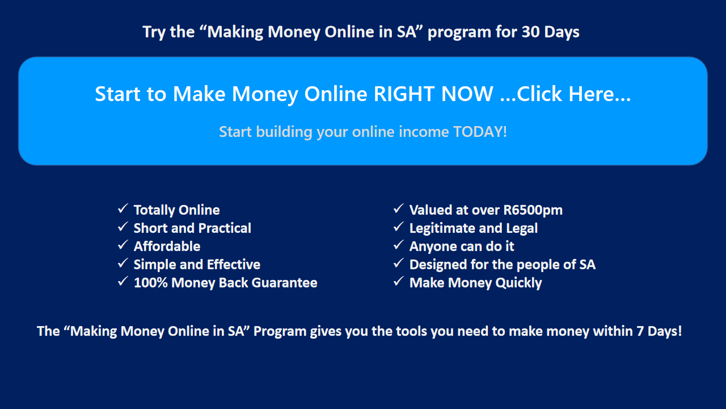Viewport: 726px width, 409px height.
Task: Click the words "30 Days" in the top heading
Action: point(550,32)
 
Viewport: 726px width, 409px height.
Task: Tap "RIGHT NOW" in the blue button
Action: point(433,94)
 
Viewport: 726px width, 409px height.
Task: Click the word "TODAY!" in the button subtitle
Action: point(480,132)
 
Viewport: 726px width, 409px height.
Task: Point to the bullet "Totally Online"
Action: point(176,210)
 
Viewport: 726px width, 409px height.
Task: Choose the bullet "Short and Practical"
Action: point(192,228)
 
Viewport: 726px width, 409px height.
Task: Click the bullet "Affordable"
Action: point(167,247)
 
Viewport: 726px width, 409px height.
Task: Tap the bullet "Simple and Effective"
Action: point(197,265)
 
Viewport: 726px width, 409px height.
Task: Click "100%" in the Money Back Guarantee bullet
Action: point(150,283)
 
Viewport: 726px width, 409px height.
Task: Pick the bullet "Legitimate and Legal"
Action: point(474,228)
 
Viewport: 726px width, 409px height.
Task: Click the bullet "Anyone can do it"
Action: point(462,247)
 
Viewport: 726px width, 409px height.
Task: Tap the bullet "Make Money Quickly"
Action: point(475,283)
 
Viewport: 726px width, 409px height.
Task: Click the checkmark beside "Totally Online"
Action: point(123,208)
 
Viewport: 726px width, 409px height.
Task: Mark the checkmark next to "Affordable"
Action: point(123,245)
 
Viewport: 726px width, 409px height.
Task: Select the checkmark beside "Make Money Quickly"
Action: point(398,281)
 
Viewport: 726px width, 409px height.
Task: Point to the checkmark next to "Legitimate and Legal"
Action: point(398,227)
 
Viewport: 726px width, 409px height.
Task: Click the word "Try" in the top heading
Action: point(154,32)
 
